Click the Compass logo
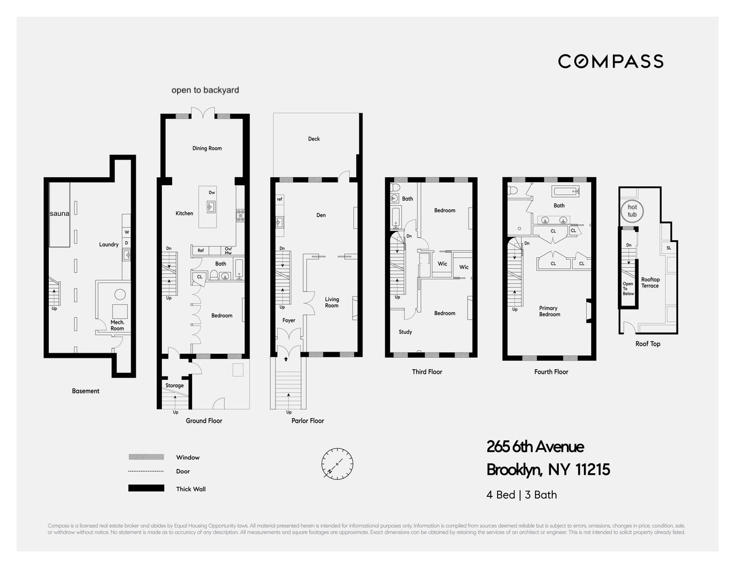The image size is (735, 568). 610,61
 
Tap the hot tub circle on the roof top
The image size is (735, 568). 632,211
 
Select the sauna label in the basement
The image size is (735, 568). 60,214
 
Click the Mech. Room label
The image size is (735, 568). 117,325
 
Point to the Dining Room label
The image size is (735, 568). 207,148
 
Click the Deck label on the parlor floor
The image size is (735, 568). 314,139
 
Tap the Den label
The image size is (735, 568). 321,215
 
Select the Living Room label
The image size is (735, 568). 332,302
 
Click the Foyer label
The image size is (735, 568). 289,320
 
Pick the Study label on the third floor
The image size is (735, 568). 405,332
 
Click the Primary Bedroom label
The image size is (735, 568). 549,311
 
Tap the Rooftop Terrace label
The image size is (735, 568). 650,282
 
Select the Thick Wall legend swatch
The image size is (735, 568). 146,488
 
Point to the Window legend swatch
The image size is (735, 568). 146,457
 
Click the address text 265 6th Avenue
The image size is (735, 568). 535,447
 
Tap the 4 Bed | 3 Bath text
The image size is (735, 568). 521,495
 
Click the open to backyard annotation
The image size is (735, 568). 205,90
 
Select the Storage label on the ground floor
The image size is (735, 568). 174,385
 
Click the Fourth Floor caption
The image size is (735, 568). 551,372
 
